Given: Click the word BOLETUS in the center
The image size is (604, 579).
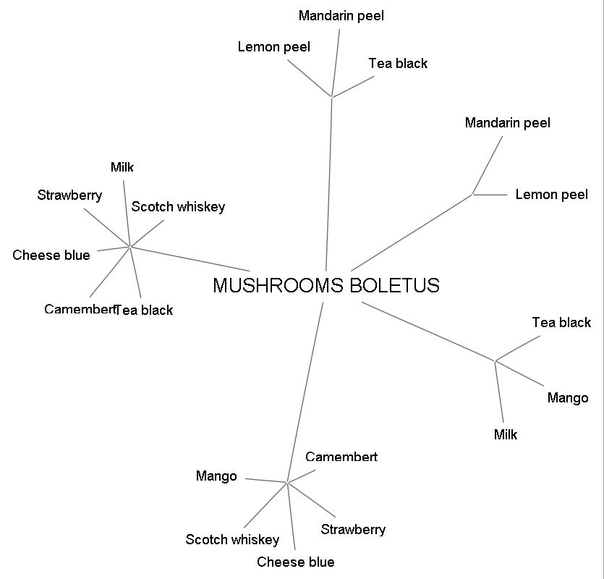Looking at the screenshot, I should (x=394, y=285).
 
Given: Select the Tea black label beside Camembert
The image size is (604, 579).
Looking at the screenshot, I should (x=144, y=310).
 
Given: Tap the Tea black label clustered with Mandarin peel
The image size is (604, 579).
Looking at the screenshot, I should (x=398, y=64).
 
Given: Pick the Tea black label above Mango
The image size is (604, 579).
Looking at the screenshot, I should (x=561, y=323).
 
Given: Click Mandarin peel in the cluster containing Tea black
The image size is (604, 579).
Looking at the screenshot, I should (x=341, y=16).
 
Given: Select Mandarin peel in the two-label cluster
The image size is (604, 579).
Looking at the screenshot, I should (x=507, y=123).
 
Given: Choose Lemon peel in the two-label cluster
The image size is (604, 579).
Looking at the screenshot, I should (x=551, y=195).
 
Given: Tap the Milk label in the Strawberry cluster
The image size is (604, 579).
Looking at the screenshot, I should (x=122, y=168).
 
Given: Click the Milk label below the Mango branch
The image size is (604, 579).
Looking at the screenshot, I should (x=506, y=435).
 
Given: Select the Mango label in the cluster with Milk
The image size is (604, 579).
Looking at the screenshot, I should (x=568, y=398).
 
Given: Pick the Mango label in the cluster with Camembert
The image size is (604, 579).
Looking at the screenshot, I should (x=216, y=476).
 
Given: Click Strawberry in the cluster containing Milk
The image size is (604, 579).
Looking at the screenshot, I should (x=69, y=195).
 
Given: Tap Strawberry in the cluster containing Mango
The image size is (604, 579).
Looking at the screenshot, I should (x=353, y=530).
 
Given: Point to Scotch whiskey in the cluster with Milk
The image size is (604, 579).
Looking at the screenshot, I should (x=178, y=207).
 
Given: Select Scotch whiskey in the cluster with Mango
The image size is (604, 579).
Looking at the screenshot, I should (x=232, y=540).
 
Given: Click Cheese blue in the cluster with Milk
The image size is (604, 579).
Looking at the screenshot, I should (x=51, y=255).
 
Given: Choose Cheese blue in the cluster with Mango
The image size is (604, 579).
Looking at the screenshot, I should (x=295, y=562).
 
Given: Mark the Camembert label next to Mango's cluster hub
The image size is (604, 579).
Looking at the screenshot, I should (x=341, y=457).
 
